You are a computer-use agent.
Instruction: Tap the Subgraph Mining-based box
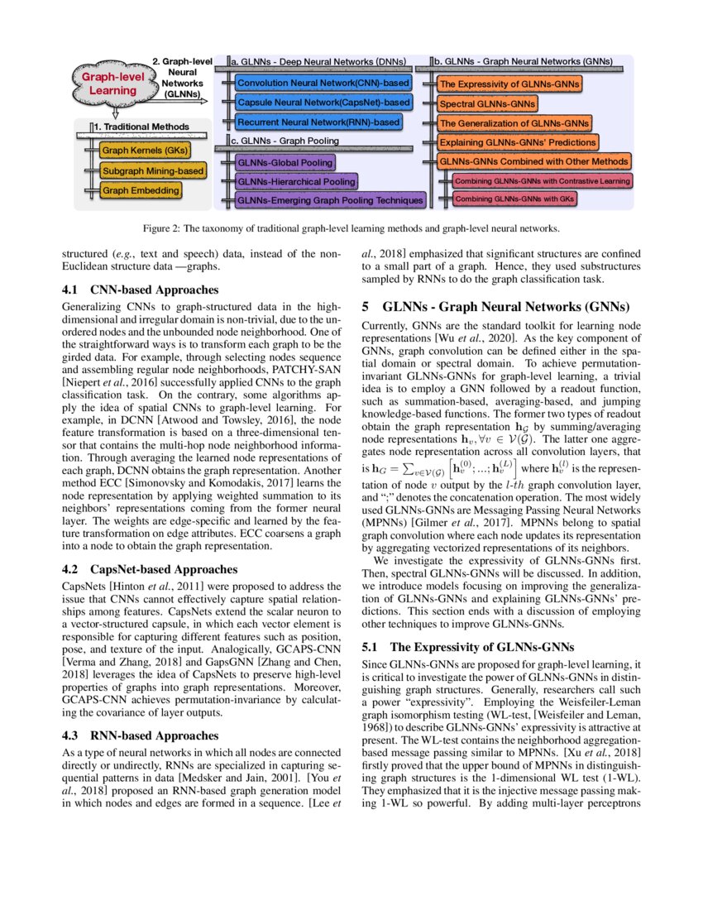pyautogui.click(x=152, y=170)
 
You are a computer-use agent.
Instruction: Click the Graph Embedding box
pyautogui.click(x=141, y=190)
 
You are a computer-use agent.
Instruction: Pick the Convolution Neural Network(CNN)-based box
pyautogui.click(x=323, y=83)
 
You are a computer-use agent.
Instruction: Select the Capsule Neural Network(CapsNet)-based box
pyautogui.click(x=323, y=103)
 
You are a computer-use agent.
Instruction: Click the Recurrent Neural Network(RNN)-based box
pyautogui.click(x=318, y=122)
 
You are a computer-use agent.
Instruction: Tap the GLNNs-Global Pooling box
pyautogui.click(x=285, y=163)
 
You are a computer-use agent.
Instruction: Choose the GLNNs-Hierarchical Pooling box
pyautogui.click(x=296, y=181)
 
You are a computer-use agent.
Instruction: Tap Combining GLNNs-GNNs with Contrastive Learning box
pyautogui.click(x=543, y=180)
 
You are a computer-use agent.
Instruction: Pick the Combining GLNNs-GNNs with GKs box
pyautogui.click(x=514, y=199)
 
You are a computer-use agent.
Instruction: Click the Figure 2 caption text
pyautogui.click(x=351, y=227)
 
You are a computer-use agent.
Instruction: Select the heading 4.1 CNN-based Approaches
pyautogui.click(x=141, y=290)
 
